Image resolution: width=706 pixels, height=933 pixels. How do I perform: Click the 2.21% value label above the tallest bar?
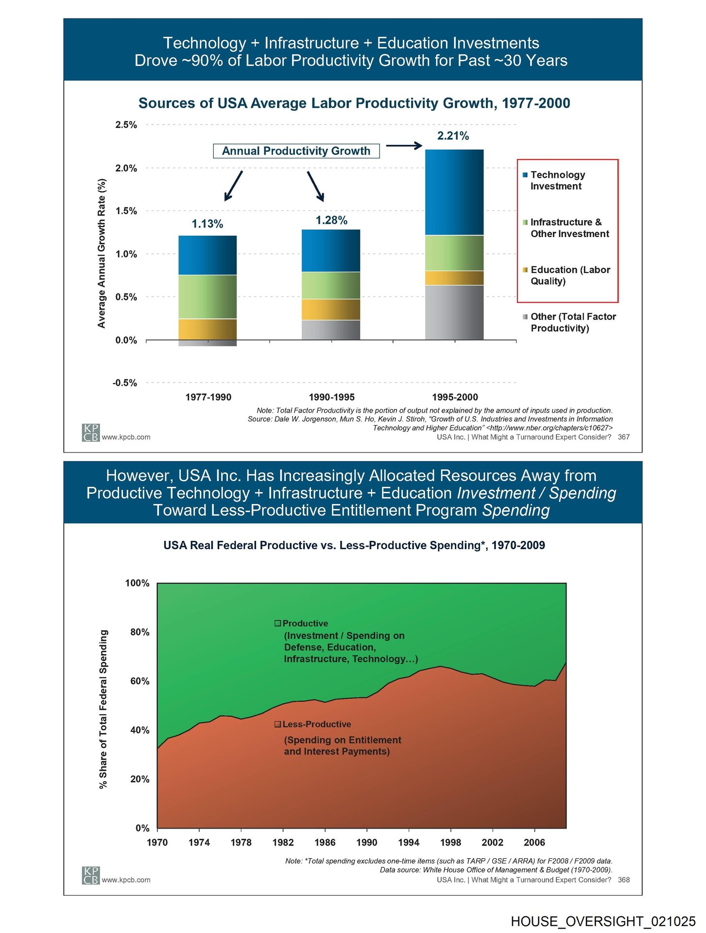(x=453, y=136)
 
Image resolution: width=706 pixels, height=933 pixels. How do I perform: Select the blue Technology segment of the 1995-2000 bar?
(x=454, y=192)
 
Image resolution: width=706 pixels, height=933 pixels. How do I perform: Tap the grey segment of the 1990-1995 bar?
(x=331, y=330)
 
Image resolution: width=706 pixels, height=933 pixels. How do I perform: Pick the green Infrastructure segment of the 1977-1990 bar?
(x=207, y=297)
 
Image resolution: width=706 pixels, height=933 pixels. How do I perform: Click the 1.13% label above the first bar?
(x=207, y=224)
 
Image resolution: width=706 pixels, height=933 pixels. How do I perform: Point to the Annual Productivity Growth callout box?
(x=296, y=151)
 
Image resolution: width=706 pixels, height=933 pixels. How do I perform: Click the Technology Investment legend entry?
(x=557, y=180)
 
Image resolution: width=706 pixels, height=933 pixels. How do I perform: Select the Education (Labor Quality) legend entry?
(x=569, y=276)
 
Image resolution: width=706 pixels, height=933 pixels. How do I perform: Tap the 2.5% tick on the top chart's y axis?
(x=126, y=125)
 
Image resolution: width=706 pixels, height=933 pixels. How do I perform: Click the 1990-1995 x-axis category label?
(x=332, y=397)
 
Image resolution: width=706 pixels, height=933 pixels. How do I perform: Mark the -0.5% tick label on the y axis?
(x=125, y=383)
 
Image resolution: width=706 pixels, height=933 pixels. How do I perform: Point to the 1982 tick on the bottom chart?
(x=283, y=842)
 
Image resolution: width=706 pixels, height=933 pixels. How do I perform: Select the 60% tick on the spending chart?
(x=139, y=681)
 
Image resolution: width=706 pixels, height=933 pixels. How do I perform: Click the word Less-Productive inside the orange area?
(x=316, y=724)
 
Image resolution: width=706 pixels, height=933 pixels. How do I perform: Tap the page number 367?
(x=623, y=437)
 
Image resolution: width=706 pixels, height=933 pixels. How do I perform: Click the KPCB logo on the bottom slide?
(x=91, y=876)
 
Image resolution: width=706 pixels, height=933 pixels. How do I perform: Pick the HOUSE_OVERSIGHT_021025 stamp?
(x=603, y=921)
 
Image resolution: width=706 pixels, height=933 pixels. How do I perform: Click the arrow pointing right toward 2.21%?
(x=404, y=145)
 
